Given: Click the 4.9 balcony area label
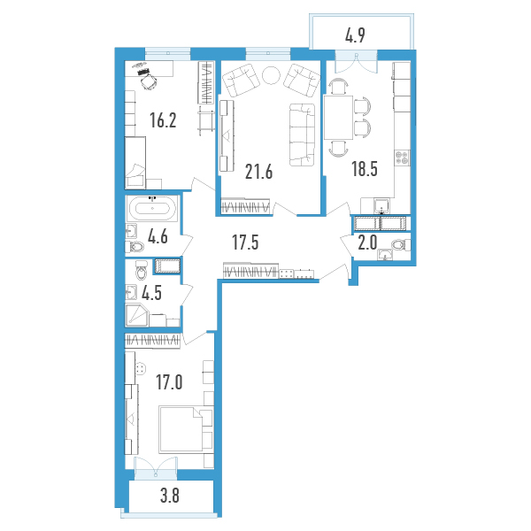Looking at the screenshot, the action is pyautogui.click(x=355, y=35).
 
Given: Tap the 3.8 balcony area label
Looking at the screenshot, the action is pyautogui.click(x=170, y=496).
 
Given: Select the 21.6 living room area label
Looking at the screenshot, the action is pyautogui.click(x=258, y=172).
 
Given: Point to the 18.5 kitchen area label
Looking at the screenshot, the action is pyautogui.click(x=365, y=169).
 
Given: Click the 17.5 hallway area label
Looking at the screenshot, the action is pyautogui.click(x=245, y=242).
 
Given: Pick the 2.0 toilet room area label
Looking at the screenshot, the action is pyautogui.click(x=367, y=242).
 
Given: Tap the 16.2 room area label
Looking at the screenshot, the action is pyautogui.click(x=163, y=120).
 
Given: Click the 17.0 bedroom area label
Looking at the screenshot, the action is pyautogui.click(x=169, y=382).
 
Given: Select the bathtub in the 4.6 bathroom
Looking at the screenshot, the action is pyautogui.click(x=152, y=209).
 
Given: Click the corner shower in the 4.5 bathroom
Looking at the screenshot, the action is pyautogui.click(x=136, y=316).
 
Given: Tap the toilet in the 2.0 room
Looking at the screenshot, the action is pyautogui.click(x=400, y=244).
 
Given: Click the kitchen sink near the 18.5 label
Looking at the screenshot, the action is pyautogui.click(x=381, y=205).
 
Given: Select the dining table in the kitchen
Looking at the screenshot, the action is pyautogui.click(x=339, y=118).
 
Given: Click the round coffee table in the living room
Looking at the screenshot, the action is pyautogui.click(x=272, y=75).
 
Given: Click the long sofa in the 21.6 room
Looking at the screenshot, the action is pyautogui.click(x=302, y=135).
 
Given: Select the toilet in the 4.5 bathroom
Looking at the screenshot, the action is pyautogui.click(x=142, y=270).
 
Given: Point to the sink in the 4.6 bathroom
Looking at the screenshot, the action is pyautogui.click(x=131, y=231).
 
